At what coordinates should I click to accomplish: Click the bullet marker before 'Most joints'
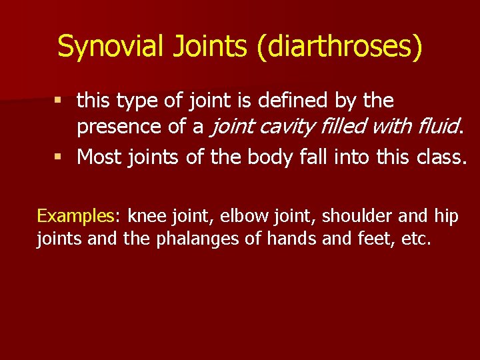point(59,157)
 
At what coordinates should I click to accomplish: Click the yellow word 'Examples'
point(75,216)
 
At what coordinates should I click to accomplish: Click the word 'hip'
point(446,216)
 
